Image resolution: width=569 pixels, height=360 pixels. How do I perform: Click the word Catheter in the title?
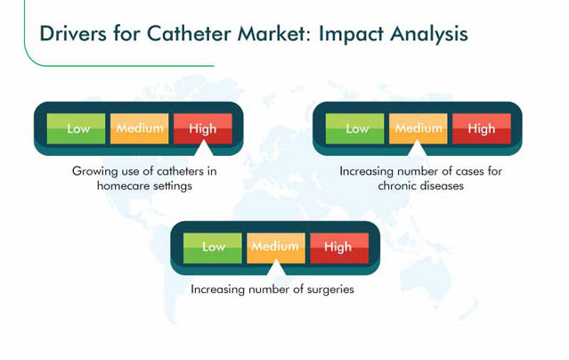(189, 34)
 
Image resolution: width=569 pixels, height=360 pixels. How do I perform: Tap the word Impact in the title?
(351, 35)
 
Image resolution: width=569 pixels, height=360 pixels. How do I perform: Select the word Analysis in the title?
(429, 35)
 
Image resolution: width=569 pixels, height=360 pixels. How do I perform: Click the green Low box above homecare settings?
(77, 128)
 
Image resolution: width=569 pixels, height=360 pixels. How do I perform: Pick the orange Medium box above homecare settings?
(139, 128)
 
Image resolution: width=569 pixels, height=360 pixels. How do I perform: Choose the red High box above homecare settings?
(203, 128)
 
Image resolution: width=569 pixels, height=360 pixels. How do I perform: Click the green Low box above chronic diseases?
(355, 128)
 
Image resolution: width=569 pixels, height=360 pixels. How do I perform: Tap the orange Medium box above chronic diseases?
(418, 128)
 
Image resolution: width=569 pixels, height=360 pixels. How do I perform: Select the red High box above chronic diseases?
(482, 128)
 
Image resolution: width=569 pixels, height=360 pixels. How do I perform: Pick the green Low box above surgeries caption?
(213, 248)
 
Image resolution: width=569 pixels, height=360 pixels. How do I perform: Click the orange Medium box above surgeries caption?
(276, 248)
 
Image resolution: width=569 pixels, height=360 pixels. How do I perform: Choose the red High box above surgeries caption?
(339, 248)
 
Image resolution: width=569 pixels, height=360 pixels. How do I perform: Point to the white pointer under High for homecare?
(204, 149)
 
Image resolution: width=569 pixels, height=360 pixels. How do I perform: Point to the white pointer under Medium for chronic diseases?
(417, 149)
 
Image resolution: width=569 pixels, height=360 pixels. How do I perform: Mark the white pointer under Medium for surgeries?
(276, 268)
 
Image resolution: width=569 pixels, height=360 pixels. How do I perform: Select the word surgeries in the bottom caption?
(330, 290)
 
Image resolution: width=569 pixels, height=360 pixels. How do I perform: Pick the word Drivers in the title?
(73, 34)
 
